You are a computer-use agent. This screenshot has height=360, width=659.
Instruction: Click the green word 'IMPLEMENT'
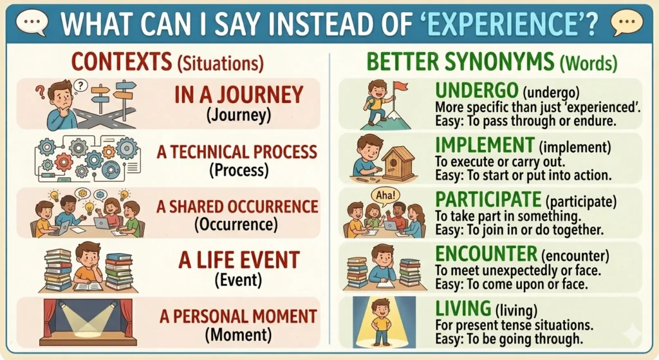(x=485, y=145)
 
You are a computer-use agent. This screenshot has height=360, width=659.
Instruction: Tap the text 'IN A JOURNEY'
(x=238, y=95)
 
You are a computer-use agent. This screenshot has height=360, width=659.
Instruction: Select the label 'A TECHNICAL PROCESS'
(x=237, y=152)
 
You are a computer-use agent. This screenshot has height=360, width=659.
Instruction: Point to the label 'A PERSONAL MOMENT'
(x=237, y=316)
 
